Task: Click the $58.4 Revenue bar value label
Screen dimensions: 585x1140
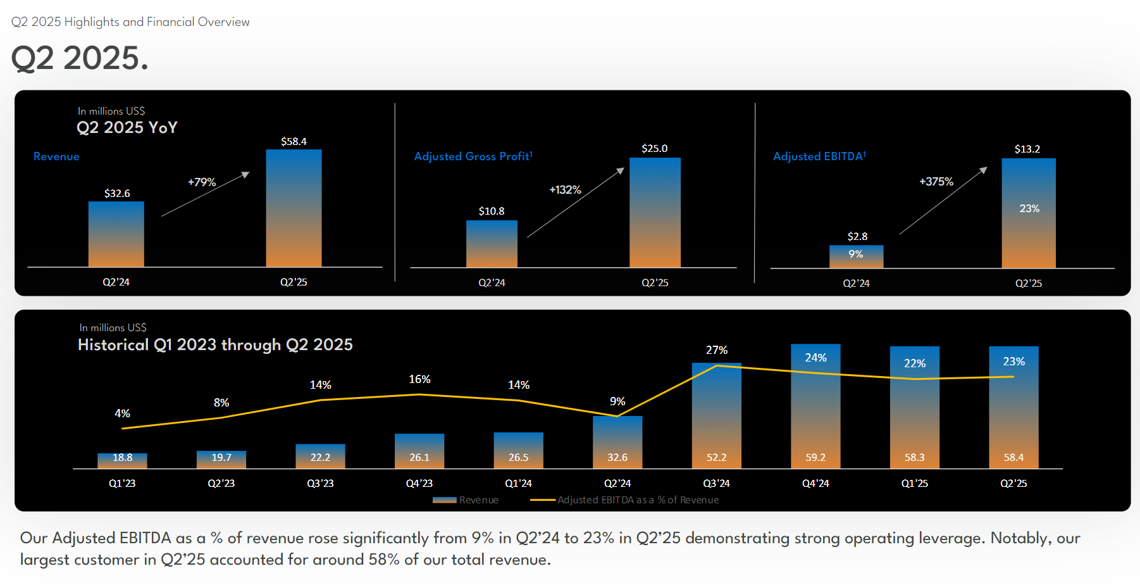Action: [294, 141]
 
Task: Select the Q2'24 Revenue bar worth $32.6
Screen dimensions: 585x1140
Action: [116, 234]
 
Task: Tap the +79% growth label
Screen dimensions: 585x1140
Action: [202, 182]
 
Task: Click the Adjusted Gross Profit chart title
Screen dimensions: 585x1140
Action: [473, 156]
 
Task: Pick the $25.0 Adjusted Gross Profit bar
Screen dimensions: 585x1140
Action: [655, 212]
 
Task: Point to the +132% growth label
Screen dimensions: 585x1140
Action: [565, 190]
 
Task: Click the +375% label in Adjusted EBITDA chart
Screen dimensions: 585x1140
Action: [936, 182]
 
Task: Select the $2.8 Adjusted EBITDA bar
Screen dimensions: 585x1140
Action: [856, 256]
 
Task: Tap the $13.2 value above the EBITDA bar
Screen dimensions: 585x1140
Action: [1027, 149]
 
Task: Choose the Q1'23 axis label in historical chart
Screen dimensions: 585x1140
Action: [122, 483]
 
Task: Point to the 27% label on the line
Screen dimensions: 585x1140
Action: [717, 350]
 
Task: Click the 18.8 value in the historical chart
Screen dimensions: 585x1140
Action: [122, 457]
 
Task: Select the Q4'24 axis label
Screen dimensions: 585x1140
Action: [815, 483]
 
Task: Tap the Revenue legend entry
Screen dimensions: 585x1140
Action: [466, 500]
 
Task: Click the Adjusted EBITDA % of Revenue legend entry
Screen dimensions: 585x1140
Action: [625, 500]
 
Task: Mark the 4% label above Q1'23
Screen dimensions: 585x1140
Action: [122, 413]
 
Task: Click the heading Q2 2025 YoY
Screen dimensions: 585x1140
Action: [127, 128]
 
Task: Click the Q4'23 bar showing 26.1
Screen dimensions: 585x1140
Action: [419, 450]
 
